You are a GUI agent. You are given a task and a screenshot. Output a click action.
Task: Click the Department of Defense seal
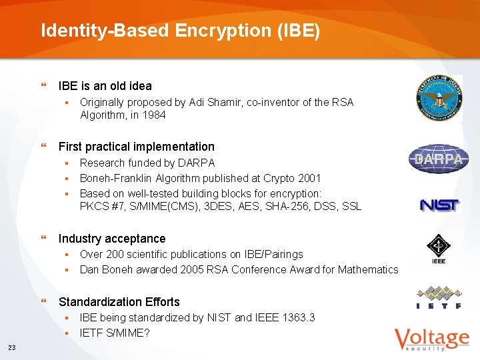tap(439, 99)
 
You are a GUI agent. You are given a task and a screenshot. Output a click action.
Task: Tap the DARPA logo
tap(439, 159)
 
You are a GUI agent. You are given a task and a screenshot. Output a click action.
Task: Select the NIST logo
tap(439, 205)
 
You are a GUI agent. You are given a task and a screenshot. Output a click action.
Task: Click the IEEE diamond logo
tap(439, 249)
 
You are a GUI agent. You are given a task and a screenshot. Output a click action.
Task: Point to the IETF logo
tap(439, 297)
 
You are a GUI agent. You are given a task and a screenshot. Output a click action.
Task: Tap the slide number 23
tap(13, 347)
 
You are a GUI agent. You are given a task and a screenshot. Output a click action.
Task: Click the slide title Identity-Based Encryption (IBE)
tap(180, 31)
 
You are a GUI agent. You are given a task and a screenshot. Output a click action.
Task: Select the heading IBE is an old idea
tap(105, 86)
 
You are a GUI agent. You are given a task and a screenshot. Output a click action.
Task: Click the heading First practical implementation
tap(137, 147)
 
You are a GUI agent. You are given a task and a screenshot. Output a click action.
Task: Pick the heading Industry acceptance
tap(112, 239)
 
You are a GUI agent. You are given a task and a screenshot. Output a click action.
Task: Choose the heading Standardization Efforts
tap(119, 302)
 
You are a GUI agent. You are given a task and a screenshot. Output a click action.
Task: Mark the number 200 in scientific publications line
tap(112, 254)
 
